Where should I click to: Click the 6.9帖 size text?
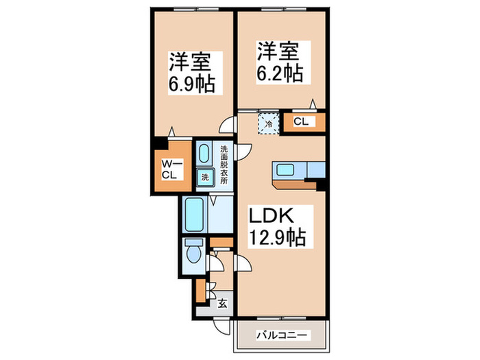(191, 85)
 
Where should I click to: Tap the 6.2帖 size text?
(280, 72)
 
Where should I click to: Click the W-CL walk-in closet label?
(171, 168)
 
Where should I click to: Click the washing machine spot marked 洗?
(205, 178)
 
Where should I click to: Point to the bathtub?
(195, 215)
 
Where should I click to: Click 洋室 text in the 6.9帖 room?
(191, 61)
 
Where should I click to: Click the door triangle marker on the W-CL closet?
(174, 130)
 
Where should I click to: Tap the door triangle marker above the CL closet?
(313, 104)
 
